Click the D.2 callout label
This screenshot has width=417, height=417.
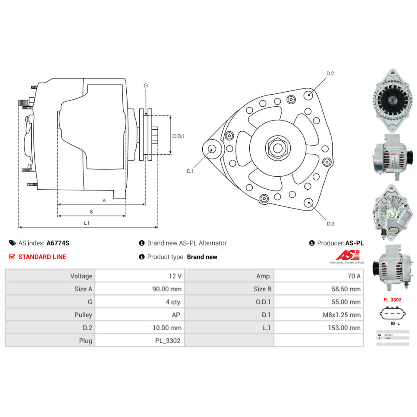point(330,73)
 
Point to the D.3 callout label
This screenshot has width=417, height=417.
point(330,224)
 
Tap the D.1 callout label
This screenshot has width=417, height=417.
point(190,171)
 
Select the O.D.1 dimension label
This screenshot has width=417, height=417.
point(178,136)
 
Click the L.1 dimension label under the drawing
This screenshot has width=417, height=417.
point(87,223)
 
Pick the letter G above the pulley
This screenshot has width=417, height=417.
point(146,85)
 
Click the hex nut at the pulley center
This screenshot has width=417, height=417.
point(276,147)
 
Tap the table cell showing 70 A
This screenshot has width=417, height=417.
point(319,276)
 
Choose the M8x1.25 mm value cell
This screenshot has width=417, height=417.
point(319,315)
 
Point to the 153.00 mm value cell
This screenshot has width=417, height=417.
point(319,328)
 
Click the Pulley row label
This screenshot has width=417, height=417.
point(50,315)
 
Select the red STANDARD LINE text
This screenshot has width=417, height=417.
point(42,257)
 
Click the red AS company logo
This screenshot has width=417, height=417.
point(344,256)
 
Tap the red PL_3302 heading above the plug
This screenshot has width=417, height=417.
point(392,300)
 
